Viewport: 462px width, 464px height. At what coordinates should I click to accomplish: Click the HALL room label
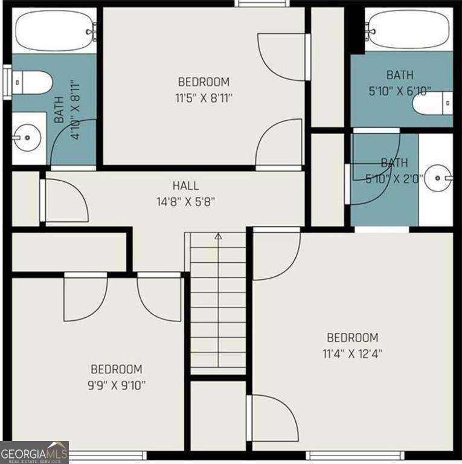pos(185,186)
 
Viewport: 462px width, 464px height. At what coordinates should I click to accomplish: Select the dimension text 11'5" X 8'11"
pos(204,97)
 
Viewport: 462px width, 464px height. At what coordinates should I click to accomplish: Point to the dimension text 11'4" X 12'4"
pos(353,353)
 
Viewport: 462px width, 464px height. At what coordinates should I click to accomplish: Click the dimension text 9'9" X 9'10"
pos(117,384)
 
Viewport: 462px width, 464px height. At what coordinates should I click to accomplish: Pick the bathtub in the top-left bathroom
pos(55,30)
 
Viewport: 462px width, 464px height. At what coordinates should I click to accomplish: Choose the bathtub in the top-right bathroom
pos(409,29)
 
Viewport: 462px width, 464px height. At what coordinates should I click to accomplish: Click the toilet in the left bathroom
pos(32,82)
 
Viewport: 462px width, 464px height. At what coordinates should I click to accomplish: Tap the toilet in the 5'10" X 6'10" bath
pos(433,103)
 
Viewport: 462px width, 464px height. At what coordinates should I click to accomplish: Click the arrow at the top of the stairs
pos(218,236)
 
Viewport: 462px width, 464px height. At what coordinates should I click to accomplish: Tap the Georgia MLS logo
pos(34,453)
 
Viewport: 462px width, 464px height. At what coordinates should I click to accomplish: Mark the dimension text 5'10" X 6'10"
pos(400,91)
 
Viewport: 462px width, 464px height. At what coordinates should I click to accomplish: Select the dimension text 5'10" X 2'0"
pos(394,178)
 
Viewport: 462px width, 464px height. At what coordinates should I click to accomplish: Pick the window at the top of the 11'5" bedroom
pos(263,4)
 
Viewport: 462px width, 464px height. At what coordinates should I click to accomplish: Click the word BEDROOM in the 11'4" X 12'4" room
pos(353,338)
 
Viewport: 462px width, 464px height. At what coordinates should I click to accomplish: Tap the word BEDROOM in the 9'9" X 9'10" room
pos(117,369)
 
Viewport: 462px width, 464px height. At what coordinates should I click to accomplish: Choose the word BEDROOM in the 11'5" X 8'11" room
pos(204,82)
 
